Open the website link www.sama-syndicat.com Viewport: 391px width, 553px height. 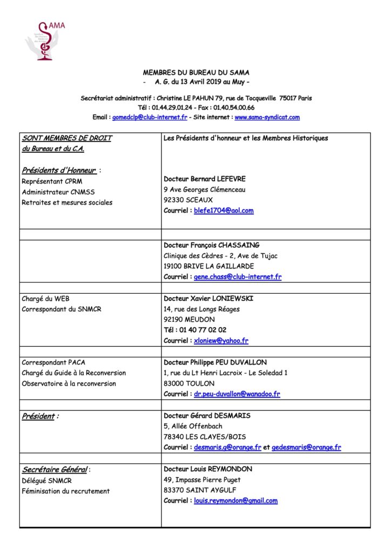(267, 117)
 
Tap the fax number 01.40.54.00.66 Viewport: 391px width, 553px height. (235, 107)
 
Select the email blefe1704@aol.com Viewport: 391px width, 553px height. (224, 211)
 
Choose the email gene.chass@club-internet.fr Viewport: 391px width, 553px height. (238, 277)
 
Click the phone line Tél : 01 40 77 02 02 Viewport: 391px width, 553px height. (195, 330)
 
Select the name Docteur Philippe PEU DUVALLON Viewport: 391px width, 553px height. (215, 362)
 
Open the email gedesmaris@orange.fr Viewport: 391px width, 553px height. (306, 448)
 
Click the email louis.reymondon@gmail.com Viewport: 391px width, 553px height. (235, 501)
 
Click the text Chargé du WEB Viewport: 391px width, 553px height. (45, 299)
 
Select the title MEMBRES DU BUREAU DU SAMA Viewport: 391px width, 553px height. (196, 72)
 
